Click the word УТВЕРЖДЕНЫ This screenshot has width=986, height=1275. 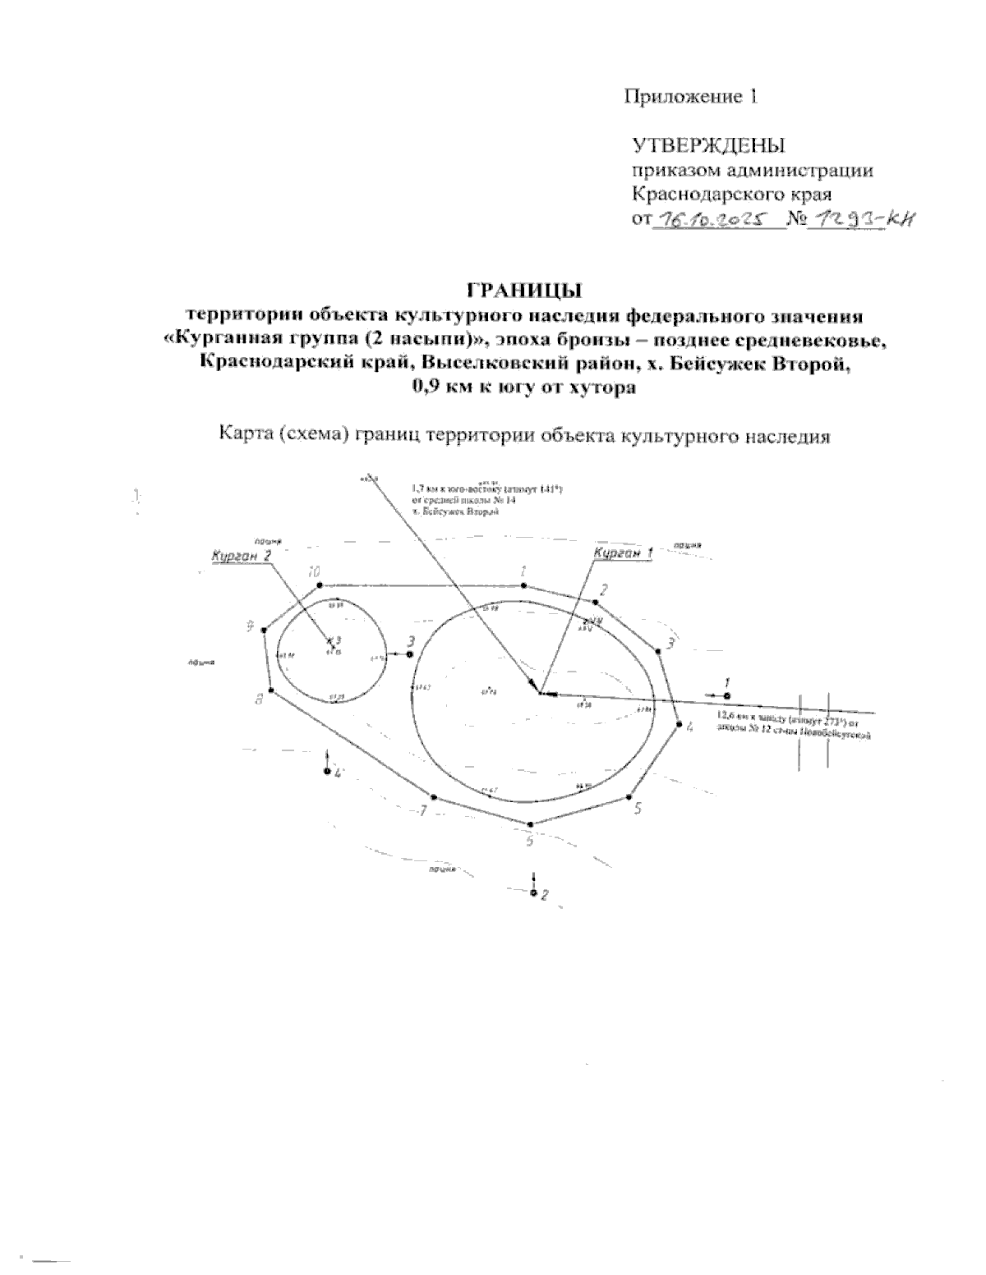pyautogui.click(x=708, y=146)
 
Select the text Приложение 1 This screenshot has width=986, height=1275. pyautogui.click(x=690, y=97)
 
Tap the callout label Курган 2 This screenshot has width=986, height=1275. pyautogui.click(x=241, y=556)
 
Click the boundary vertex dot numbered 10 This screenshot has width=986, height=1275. pyautogui.click(x=320, y=585)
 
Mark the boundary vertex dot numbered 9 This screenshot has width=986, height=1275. pyautogui.click(x=264, y=631)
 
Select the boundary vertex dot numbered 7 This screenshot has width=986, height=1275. pyautogui.click(x=433, y=797)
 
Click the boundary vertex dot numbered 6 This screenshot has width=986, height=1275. pyautogui.click(x=532, y=823)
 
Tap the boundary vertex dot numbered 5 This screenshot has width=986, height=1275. pyautogui.click(x=629, y=796)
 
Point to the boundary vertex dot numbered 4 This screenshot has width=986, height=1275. pyautogui.click(x=679, y=723)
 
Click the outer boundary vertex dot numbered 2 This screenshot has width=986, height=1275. pyautogui.click(x=593, y=603)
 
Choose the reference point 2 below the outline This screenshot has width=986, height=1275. pyautogui.click(x=534, y=892)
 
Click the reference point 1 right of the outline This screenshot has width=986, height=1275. pyautogui.click(x=726, y=695)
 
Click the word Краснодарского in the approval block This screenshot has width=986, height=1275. pyautogui.click(x=694, y=195)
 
